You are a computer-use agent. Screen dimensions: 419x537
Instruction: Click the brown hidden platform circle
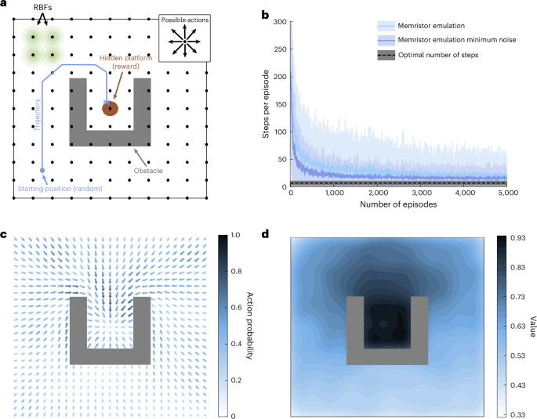[111, 109]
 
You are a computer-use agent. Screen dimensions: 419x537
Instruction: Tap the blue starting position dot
[42, 169]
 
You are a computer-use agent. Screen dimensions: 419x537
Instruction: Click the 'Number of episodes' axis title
[398, 204]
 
